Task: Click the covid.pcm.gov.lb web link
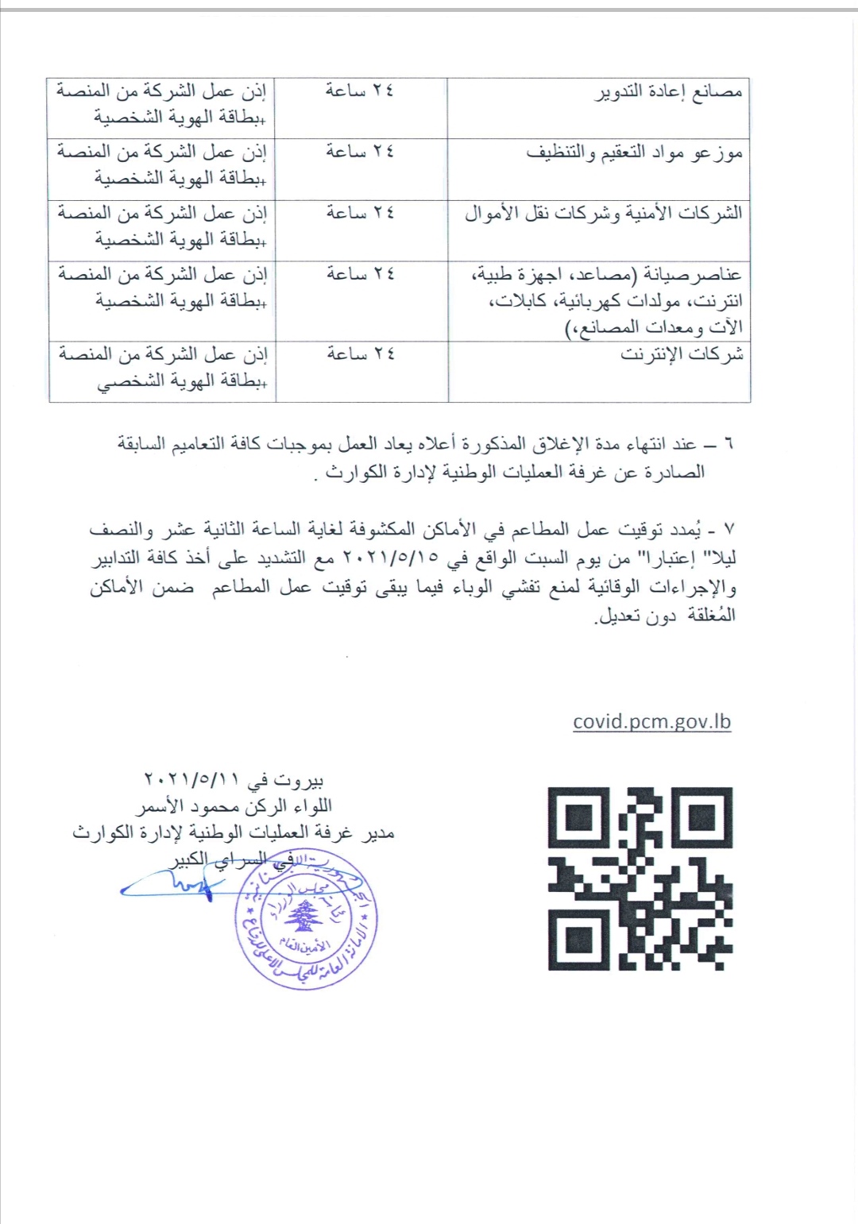point(651,722)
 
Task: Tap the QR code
point(640,878)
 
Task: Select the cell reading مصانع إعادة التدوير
point(670,92)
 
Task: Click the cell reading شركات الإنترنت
point(682,354)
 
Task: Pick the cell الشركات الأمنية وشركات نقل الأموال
point(604,214)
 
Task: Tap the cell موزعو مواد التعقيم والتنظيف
point(634,153)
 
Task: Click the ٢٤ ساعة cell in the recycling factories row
point(360,91)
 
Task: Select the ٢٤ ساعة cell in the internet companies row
point(361,353)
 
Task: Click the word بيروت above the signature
point(298,780)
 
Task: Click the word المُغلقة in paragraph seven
point(711,615)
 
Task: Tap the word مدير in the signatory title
point(378,832)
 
